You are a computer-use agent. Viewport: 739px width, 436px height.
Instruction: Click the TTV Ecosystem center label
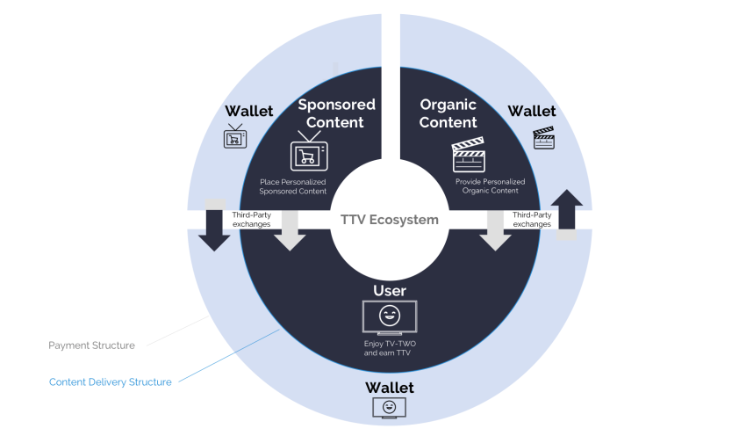pos(389,220)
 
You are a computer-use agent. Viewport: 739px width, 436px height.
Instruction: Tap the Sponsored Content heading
pos(336,113)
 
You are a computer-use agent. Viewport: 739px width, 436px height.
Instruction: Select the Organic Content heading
pos(448,113)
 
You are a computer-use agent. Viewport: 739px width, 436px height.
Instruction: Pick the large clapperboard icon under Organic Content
pos(468,156)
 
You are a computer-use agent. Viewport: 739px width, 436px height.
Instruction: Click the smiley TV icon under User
pos(390,317)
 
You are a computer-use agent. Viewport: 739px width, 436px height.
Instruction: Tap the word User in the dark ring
pos(390,290)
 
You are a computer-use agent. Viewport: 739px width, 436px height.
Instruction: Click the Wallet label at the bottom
pos(389,388)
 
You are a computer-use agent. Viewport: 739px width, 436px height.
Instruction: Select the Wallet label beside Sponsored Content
pos(249,111)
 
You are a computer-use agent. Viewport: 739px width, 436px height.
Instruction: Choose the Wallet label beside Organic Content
pos(532,111)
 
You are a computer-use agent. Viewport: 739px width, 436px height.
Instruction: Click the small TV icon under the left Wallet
pos(234,137)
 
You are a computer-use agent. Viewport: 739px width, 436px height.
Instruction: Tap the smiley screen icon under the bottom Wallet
pos(389,408)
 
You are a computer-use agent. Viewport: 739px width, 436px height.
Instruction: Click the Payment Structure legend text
pos(91,345)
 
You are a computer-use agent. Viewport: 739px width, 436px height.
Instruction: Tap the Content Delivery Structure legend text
pos(110,381)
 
